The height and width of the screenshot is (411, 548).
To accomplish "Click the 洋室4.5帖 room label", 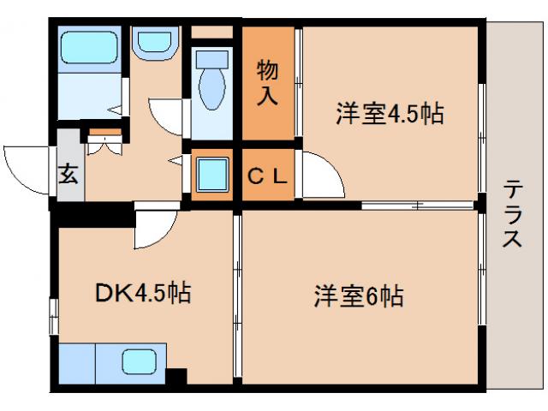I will (390, 114).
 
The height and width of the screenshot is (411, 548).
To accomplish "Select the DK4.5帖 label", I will (141, 294).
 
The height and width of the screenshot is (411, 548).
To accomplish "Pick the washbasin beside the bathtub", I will (155, 43).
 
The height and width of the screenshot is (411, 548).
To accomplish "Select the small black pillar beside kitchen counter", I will (177, 375).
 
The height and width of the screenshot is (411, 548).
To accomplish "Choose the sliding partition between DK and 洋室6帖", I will (237, 295).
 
